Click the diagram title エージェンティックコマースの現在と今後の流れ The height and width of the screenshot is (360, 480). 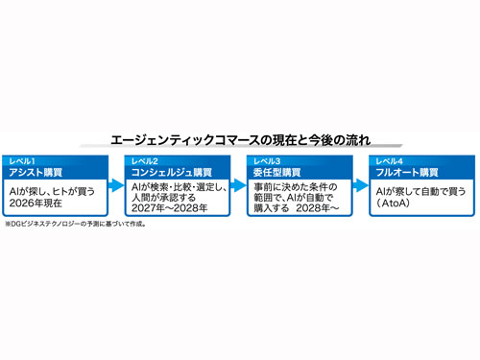tap(241, 140)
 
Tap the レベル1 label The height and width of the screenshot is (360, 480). tap(22, 161)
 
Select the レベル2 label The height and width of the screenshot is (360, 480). tap(145, 161)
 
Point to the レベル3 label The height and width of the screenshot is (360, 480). tap(267, 161)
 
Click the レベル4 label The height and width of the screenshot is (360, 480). tap(389, 161)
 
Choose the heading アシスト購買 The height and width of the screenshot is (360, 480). tap(36, 173)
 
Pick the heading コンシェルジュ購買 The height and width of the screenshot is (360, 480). tap(172, 173)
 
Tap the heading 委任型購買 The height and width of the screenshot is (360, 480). tap(277, 173)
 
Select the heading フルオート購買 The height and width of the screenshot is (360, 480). tap(407, 173)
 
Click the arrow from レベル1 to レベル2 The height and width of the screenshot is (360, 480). tap(116, 185)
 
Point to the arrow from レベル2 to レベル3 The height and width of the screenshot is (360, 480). tap(239, 185)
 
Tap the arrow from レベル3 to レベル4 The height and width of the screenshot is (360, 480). tap(361, 185)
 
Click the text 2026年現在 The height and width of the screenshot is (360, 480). tap(36, 203)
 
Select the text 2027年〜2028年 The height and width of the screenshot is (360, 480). tap(169, 208)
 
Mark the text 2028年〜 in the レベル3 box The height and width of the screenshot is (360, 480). tap(317, 208)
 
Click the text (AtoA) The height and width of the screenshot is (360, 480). tap(393, 203)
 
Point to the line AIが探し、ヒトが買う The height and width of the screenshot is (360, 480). tap(52, 191)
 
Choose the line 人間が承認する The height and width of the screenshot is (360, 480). tap(163, 198)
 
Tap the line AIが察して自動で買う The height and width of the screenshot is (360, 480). tap(420, 191)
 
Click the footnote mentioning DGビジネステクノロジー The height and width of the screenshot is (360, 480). tap(76, 224)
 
